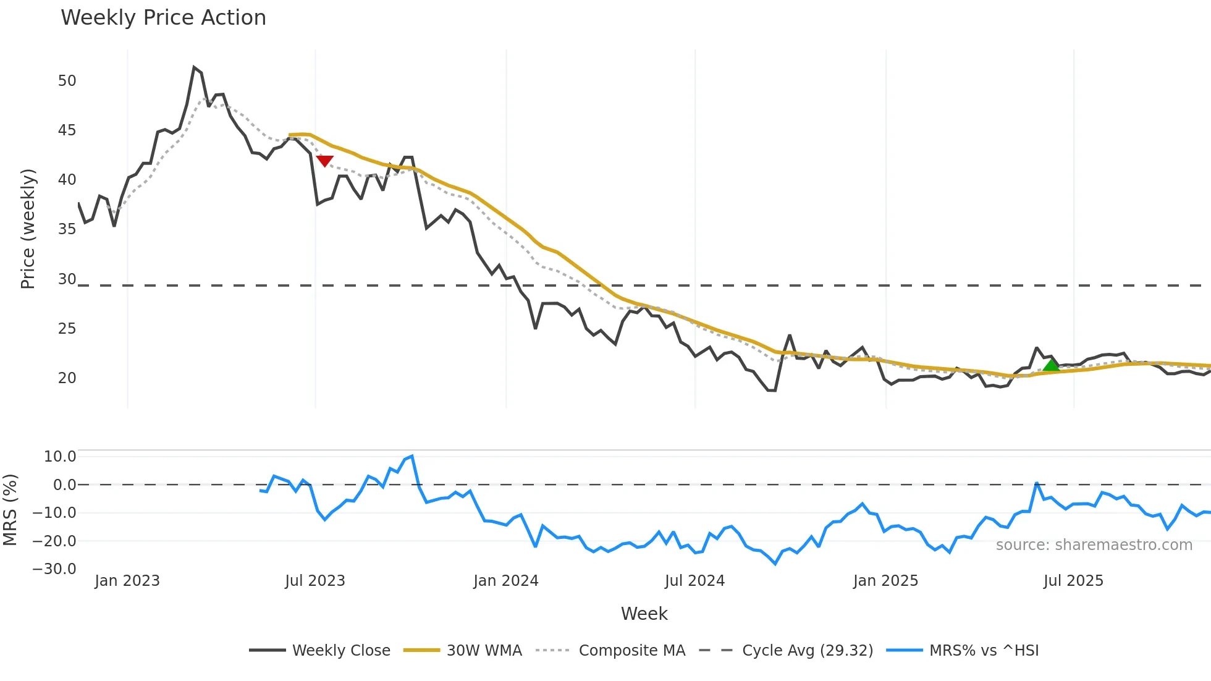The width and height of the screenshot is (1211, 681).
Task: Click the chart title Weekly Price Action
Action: coord(163,18)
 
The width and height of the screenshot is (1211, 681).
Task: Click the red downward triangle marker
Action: coord(324,161)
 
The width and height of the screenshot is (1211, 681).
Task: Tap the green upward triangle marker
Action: coord(1051,365)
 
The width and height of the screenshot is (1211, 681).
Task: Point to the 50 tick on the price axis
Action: coord(67,81)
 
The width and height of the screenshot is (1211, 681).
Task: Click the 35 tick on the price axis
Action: coord(67,229)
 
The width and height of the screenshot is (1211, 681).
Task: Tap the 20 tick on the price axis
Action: coord(67,378)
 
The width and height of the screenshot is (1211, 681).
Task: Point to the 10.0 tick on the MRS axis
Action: coord(60,457)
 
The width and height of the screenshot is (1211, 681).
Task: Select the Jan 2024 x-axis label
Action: coord(506,581)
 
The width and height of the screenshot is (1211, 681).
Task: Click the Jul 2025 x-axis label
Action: coord(1073,581)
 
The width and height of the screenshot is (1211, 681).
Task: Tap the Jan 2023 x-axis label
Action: coord(127,581)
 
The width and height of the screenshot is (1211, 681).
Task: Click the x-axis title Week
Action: coord(644,614)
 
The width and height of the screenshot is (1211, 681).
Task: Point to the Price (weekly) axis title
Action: coord(28,229)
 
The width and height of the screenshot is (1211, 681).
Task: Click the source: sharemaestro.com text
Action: coord(1094,545)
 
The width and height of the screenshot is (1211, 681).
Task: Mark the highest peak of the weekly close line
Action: coord(194,67)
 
